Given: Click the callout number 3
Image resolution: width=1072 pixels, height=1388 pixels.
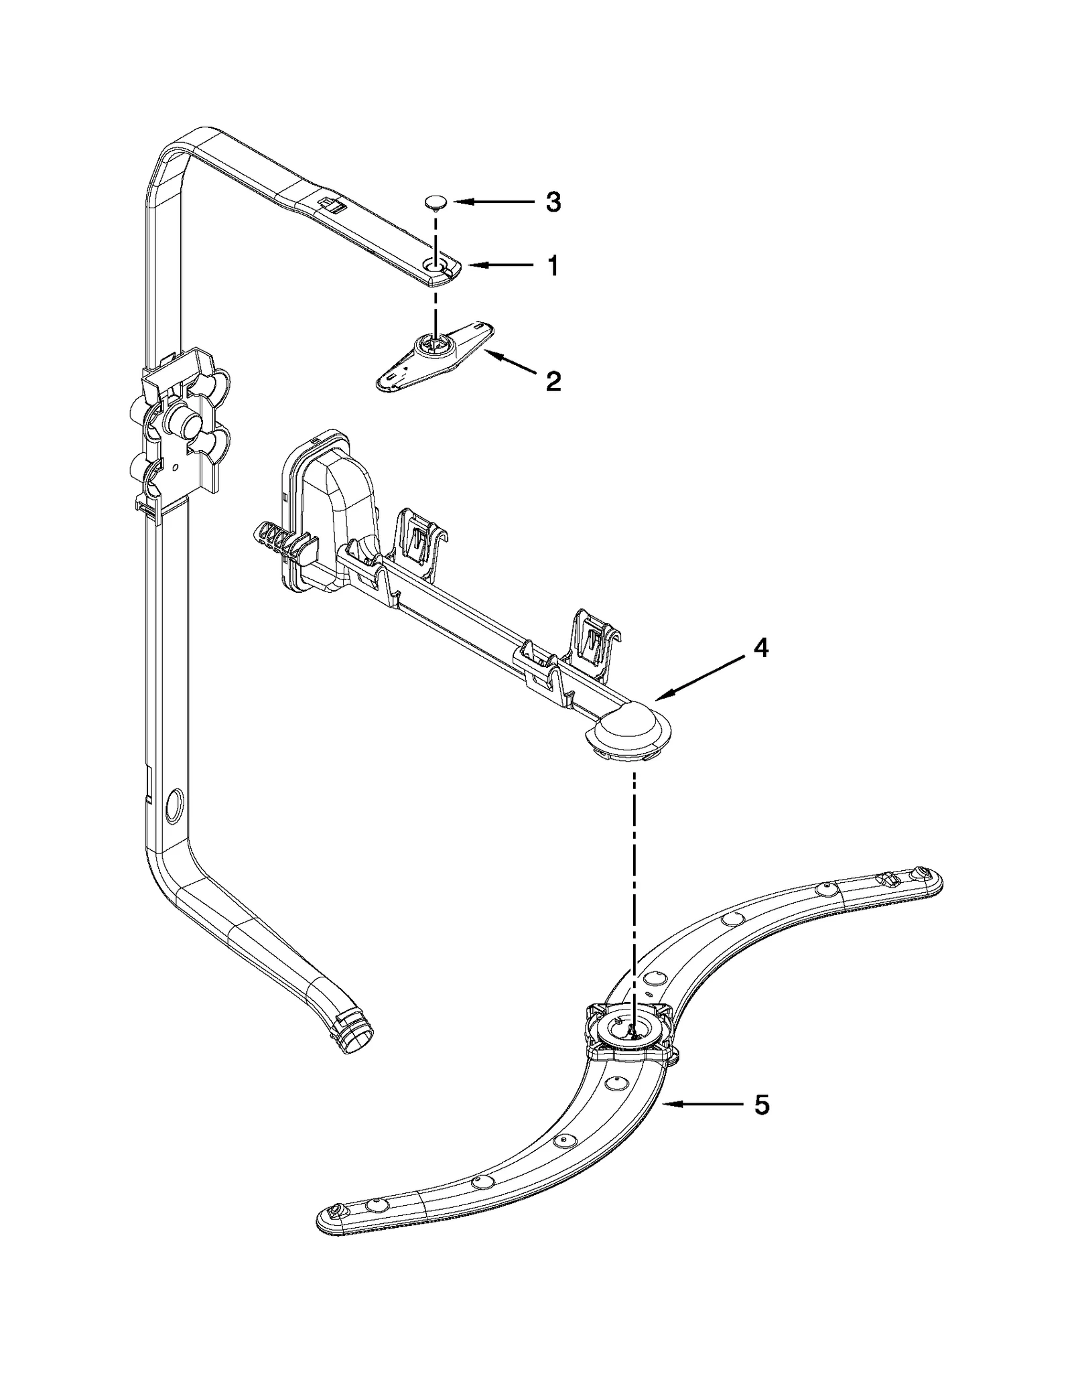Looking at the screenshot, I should (x=553, y=202).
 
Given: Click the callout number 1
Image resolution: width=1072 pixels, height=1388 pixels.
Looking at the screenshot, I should (x=553, y=267).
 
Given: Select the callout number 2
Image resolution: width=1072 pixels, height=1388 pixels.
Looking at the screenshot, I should (x=553, y=381).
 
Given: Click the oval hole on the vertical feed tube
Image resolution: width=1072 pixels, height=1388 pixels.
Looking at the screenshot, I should (x=172, y=805).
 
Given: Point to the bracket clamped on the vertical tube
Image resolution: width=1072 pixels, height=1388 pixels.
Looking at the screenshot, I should (x=181, y=429).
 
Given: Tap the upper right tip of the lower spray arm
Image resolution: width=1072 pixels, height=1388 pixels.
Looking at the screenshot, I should (x=930, y=876).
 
